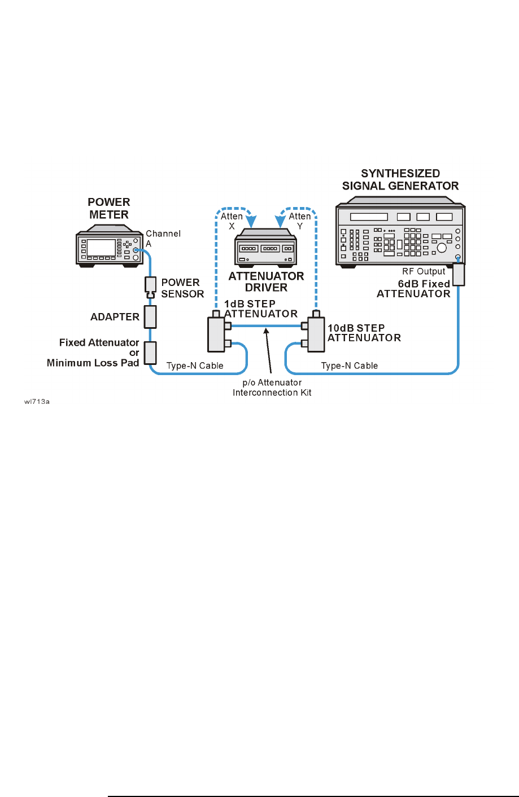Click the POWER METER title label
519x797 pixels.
click(108, 208)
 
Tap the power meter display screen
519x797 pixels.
click(101, 247)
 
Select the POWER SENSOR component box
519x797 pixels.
click(150, 287)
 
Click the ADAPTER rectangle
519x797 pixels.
click(150, 316)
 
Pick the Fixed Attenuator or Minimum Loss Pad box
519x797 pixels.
click(150, 353)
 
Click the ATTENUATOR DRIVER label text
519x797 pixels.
click(266, 282)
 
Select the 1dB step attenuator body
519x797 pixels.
click(216, 334)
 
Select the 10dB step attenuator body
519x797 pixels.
click(316, 334)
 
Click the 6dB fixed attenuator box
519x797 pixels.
click(459, 274)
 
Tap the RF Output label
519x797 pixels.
click(424, 271)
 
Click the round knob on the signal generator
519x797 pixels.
click(442, 248)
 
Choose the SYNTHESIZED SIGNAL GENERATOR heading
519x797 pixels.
click(400, 180)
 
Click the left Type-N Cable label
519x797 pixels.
click(195, 366)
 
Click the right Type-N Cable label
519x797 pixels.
click(350, 366)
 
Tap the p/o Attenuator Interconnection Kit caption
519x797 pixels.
click(272, 388)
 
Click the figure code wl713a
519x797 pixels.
click(37, 402)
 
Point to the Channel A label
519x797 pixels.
click(163, 239)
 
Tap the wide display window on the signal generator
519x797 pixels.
click(369, 217)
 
